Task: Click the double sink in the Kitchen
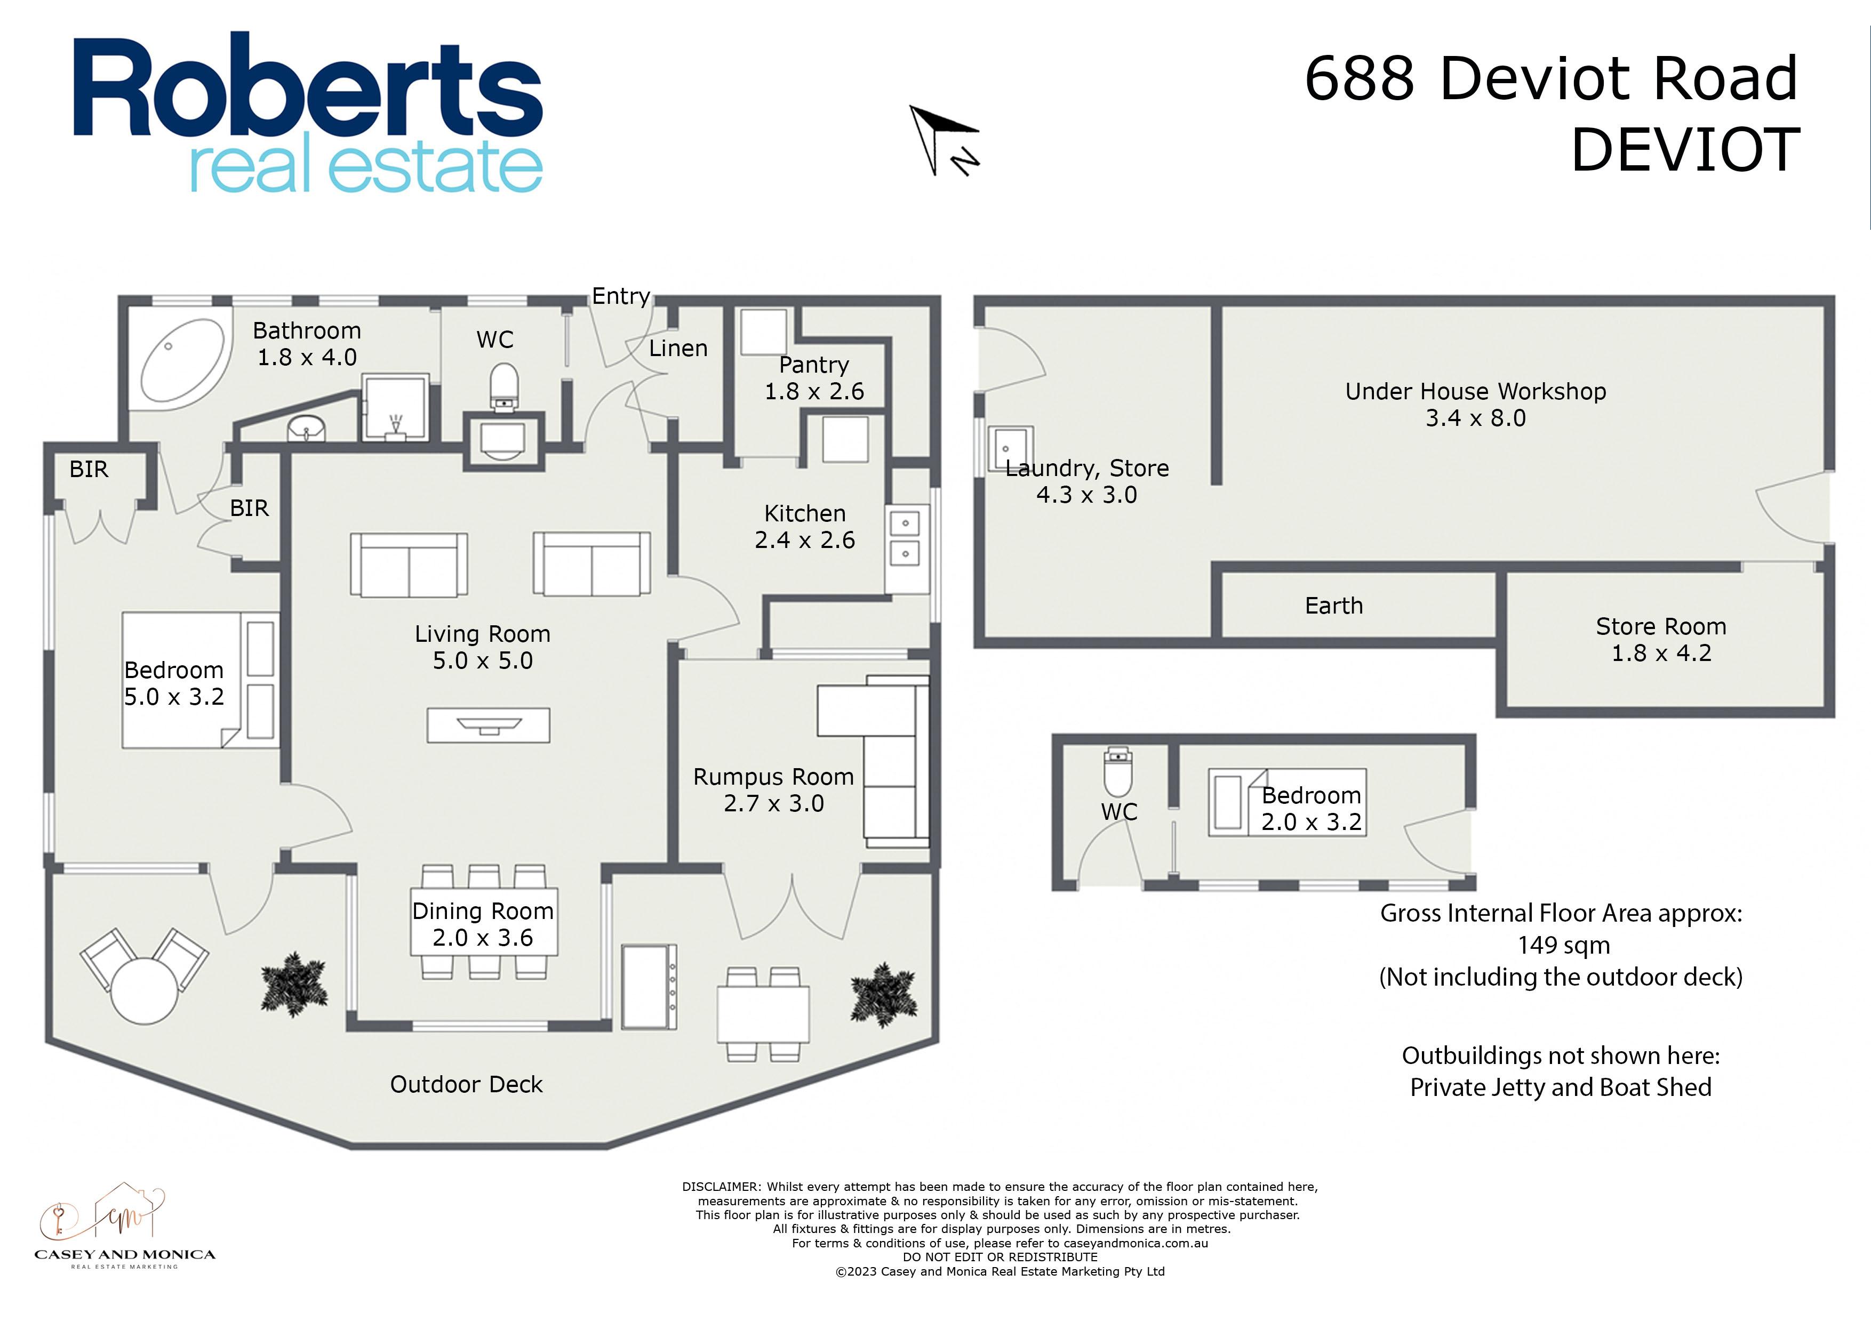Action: tap(905, 538)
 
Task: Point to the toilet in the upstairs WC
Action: tap(505, 386)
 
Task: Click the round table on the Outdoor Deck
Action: tap(144, 990)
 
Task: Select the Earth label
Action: tap(1333, 606)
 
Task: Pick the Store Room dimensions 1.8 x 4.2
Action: tap(1661, 653)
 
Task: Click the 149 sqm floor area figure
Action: tap(1564, 946)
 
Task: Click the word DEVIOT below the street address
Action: tap(1685, 150)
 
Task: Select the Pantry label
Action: tap(813, 365)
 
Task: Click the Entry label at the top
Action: tap(621, 296)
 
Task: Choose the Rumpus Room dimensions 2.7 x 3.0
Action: tap(773, 804)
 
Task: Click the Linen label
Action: tap(678, 349)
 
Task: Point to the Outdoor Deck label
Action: tap(466, 1085)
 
